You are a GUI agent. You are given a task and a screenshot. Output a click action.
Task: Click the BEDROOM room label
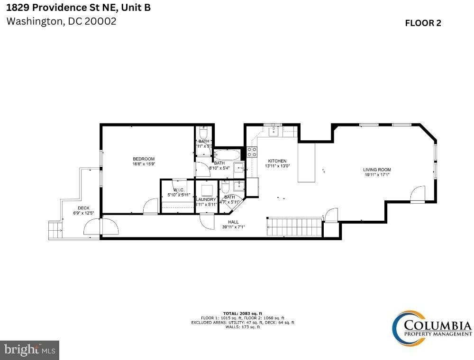[x=143, y=159]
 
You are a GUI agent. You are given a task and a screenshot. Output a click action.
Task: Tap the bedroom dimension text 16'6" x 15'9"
[x=143, y=164]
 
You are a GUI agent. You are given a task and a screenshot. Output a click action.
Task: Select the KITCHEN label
[x=277, y=161]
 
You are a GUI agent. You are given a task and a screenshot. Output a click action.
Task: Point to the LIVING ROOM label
[x=377, y=170]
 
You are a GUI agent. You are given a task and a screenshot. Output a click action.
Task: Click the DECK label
[x=83, y=208]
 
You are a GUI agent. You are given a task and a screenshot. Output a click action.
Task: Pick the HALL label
[x=233, y=222]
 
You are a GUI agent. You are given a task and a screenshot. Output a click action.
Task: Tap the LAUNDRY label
[x=206, y=199]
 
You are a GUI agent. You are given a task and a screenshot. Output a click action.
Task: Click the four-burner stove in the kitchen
[x=252, y=152]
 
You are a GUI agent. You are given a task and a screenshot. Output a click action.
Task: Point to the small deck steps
[x=55, y=230]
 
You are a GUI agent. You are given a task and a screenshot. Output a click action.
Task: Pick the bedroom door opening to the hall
[x=151, y=207]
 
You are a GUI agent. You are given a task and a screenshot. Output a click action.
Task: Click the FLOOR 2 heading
[x=423, y=23]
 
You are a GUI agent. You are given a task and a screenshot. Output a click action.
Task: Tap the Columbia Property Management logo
[x=431, y=327]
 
